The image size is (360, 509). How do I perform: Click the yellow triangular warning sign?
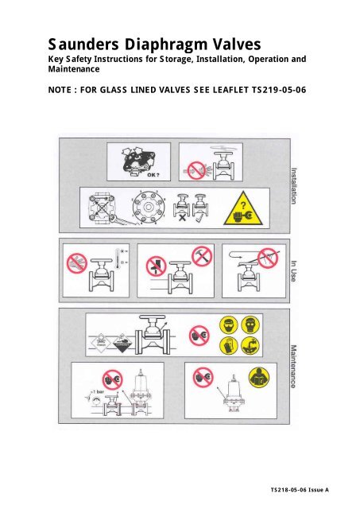[254, 210]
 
